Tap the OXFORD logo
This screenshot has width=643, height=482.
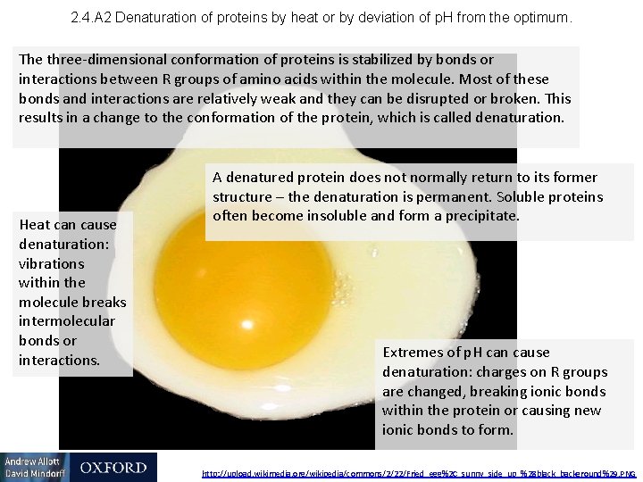coord(113,468)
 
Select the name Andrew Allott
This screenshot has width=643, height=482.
coord(31,461)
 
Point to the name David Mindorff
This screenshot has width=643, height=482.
coord(33,474)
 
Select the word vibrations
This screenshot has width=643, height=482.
coord(52,263)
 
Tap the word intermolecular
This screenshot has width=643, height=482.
coord(67,321)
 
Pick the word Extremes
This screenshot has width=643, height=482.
coord(412,353)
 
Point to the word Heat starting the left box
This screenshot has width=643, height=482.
coord(35,225)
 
